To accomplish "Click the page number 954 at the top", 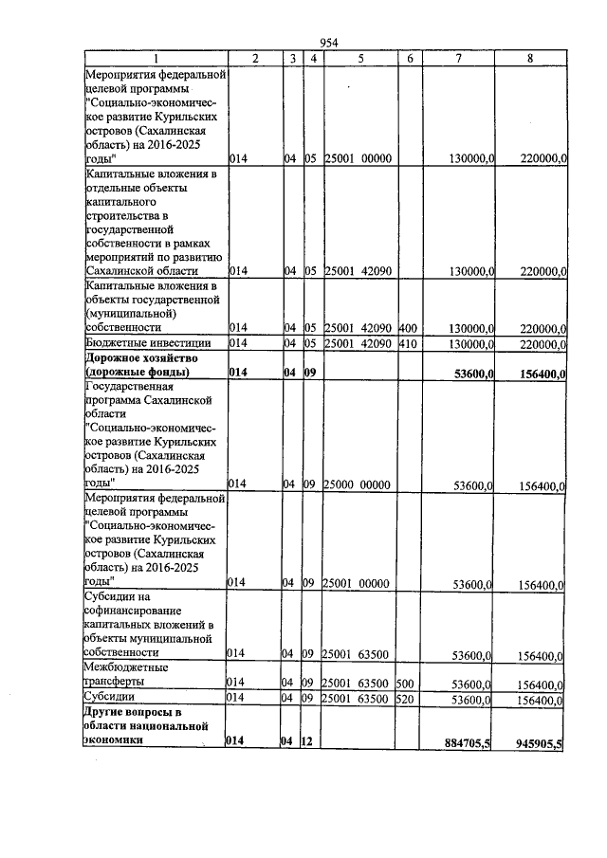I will (329, 43).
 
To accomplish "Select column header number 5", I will (360, 59).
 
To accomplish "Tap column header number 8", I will (529, 59).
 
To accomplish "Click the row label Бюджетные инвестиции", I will (145, 342).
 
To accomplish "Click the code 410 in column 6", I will (408, 343).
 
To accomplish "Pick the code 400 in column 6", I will (408, 327).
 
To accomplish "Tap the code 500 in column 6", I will (405, 683).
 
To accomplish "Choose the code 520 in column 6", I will (405, 699).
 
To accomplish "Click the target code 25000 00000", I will (357, 485).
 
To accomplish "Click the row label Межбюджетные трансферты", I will (127, 674).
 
